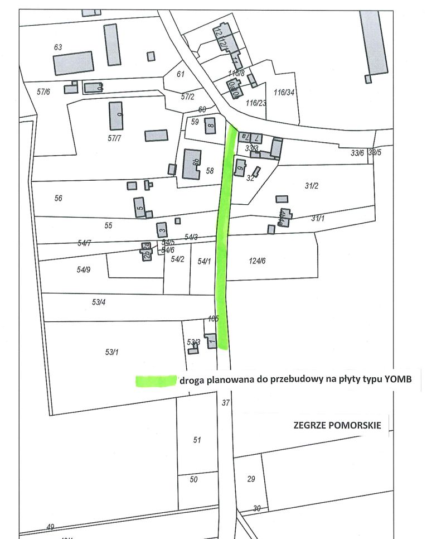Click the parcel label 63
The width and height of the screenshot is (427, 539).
tap(58, 47)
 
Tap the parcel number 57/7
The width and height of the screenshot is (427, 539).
tap(115, 138)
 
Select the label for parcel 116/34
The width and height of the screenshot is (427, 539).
tap(284, 92)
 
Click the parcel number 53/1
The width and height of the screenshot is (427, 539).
tap(112, 352)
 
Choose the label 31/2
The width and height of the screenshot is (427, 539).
tap(311, 186)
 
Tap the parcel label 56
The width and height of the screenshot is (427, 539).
tap(59, 198)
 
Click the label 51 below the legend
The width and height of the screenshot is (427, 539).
tap(197, 440)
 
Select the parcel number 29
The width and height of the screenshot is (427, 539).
tap(251, 479)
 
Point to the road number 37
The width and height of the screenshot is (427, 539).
tap(226, 402)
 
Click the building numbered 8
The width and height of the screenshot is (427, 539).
tap(210, 126)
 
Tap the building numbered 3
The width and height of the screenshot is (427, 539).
tap(162, 229)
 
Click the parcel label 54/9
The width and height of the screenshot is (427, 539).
tap(84, 269)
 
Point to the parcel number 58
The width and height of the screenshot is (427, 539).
tap(210, 171)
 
